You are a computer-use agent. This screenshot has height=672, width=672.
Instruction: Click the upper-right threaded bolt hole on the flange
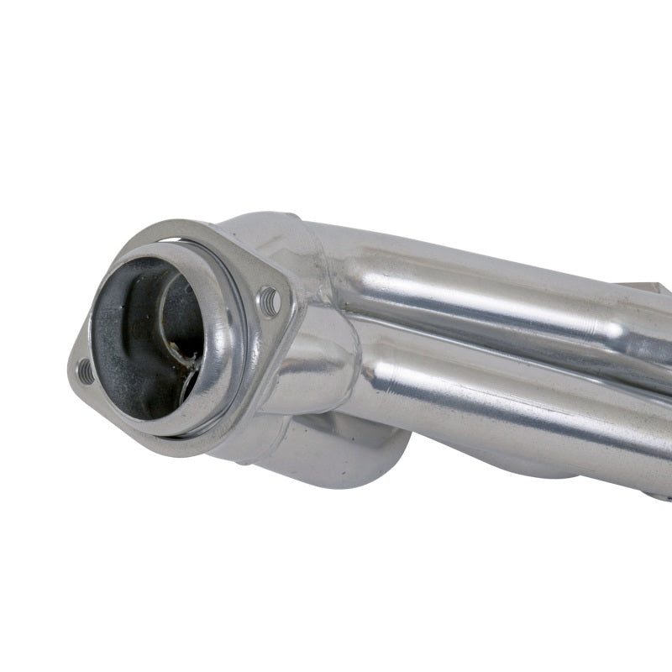coord(270,301)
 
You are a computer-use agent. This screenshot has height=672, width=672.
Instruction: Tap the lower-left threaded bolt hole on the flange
coord(85,370)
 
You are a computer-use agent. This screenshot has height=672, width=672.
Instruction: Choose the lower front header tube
coord(504,395)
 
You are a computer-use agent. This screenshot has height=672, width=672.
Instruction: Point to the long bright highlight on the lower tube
coord(521,412)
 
